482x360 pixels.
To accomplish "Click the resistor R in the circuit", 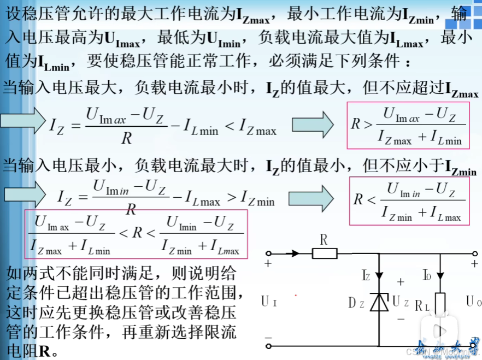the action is [325, 253].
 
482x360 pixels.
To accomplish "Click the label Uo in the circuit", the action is [473, 301].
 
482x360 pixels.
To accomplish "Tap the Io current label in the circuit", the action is [427, 275].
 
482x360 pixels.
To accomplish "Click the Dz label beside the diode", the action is [356, 302].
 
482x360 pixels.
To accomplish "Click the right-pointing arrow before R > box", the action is [312, 125].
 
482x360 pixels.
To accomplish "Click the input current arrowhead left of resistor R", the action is [295, 253].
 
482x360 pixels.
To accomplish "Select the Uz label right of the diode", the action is [401, 301].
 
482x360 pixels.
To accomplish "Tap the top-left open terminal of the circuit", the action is [268, 253].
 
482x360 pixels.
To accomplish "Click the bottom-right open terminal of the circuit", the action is [474, 345].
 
